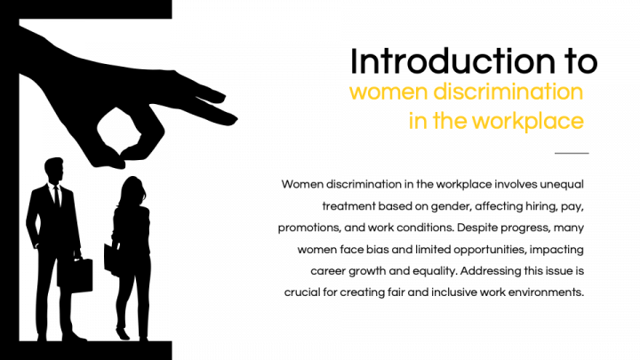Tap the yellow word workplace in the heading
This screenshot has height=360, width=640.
[x=528, y=121]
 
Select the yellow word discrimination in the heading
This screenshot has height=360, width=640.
[x=508, y=92]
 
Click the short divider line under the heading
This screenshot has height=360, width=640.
[x=572, y=153]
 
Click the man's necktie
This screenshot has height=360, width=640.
[x=57, y=196]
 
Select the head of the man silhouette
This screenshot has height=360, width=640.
[x=54, y=170]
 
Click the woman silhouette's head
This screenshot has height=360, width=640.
[x=132, y=191]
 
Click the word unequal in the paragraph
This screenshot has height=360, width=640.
[x=562, y=185]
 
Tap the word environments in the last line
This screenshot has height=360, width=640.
[x=547, y=292]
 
